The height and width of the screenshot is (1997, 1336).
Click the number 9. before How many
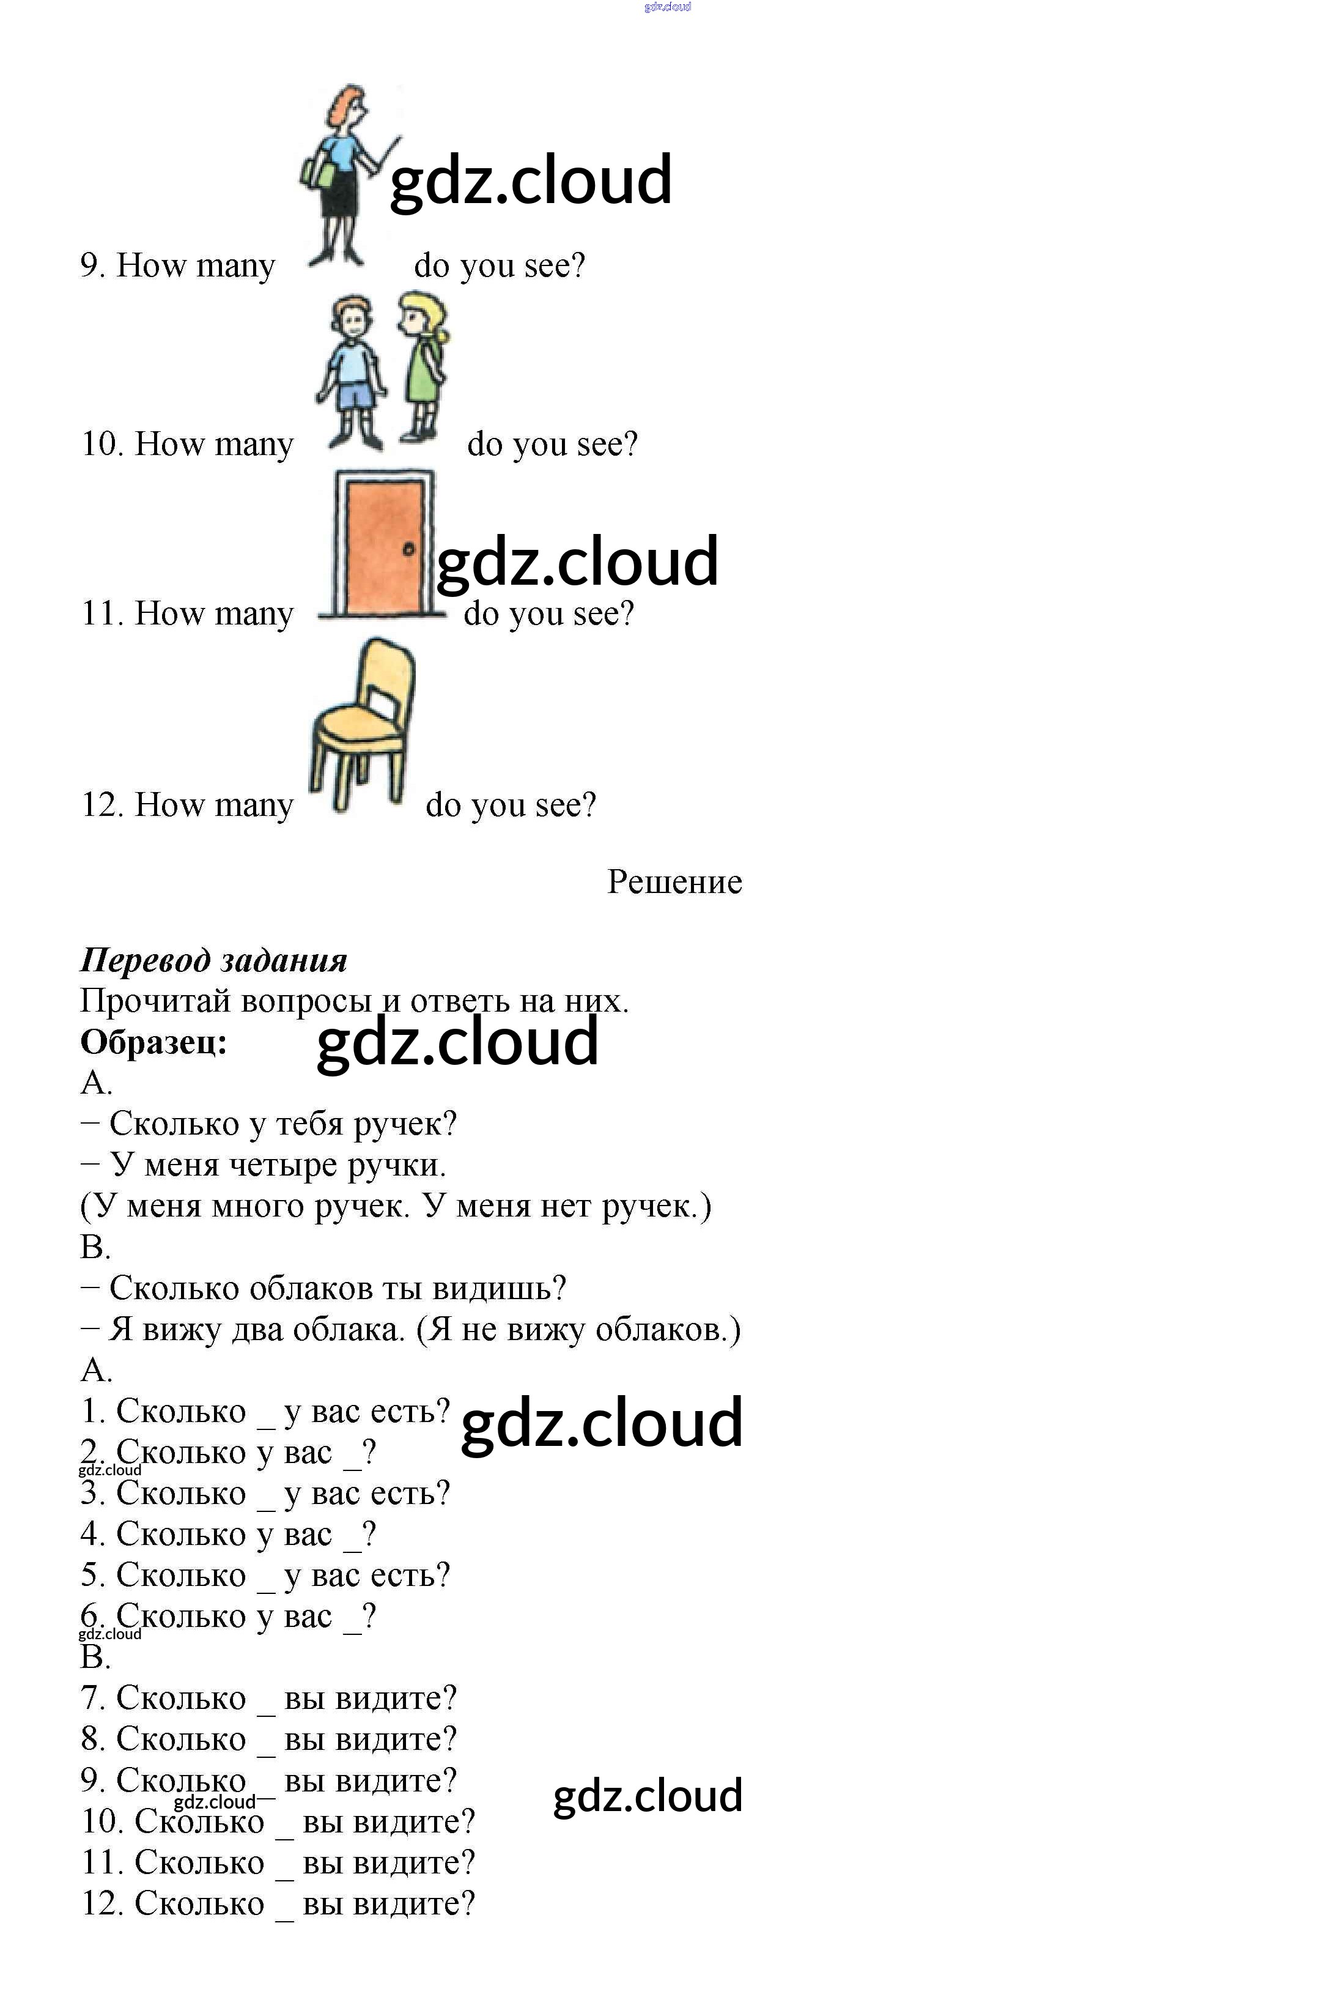click(x=92, y=266)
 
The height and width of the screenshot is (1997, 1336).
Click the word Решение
click(x=674, y=881)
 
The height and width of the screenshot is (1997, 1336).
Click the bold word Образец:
click(x=154, y=1042)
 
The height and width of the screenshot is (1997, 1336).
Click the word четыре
click(x=284, y=1165)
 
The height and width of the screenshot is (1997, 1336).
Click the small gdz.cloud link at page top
click(x=667, y=7)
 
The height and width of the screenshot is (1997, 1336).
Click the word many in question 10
click(x=254, y=444)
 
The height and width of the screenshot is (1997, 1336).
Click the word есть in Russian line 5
click(x=403, y=1575)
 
